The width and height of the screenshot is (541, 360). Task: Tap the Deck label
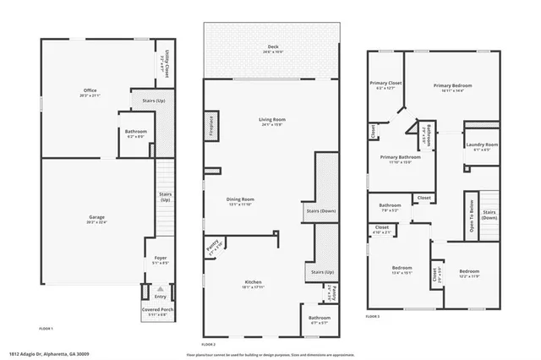(272, 47)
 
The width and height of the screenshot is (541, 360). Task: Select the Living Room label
(272, 120)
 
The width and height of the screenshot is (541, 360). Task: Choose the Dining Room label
(241, 199)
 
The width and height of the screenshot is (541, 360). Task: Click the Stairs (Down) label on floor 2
(322, 211)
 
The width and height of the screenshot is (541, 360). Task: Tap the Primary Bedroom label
(452, 86)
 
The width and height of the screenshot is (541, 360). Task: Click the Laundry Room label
(481, 145)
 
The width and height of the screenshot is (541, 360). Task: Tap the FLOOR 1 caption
(46, 328)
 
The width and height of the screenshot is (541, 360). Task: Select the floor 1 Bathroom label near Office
(136, 131)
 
